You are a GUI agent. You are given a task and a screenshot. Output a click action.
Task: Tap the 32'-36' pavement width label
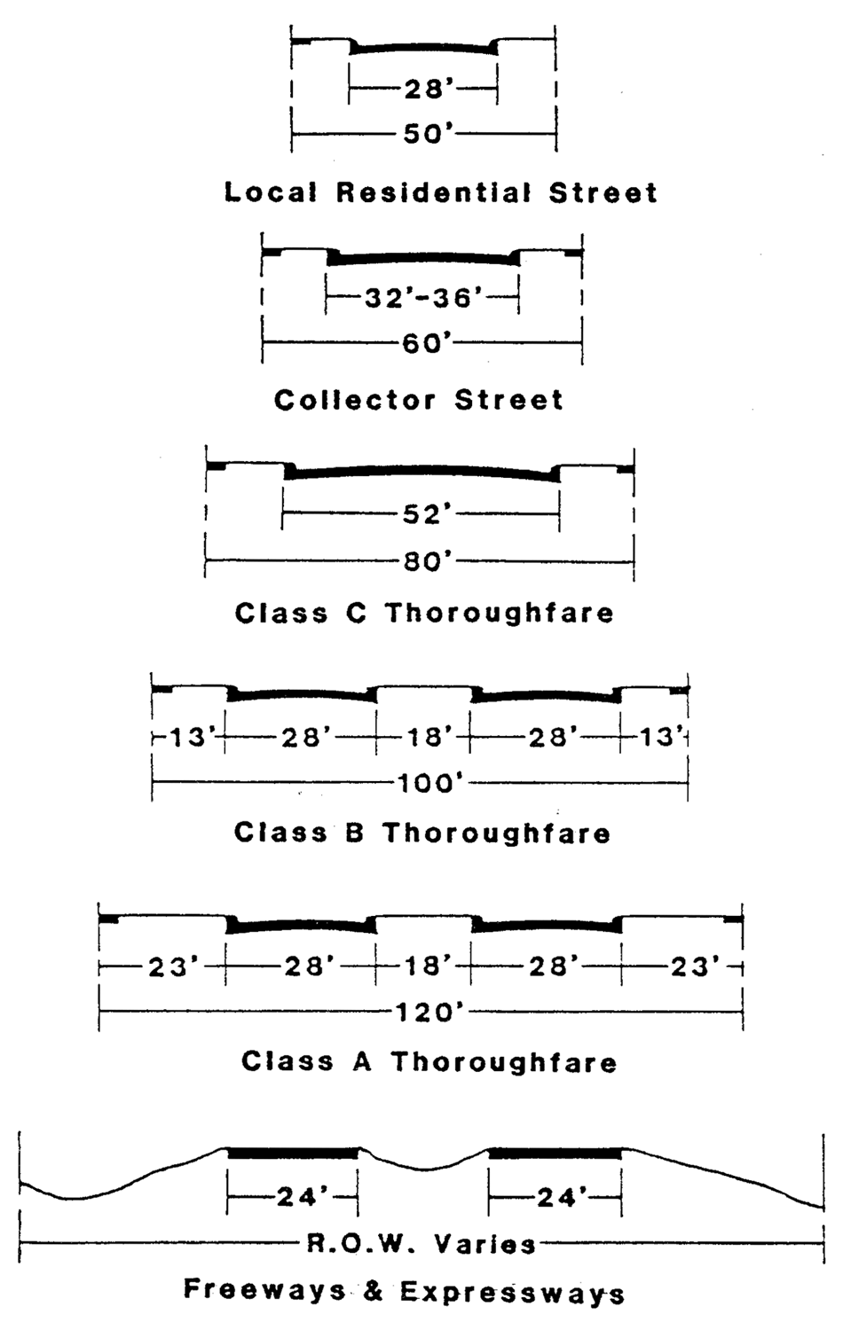pos(423,297)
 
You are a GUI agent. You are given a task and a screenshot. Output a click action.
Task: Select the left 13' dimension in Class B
pos(188,738)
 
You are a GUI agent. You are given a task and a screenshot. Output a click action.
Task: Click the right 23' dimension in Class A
pos(690,966)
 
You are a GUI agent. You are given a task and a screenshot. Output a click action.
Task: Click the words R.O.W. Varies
pos(421,1244)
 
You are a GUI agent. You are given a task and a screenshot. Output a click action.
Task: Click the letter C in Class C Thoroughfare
pos(355,613)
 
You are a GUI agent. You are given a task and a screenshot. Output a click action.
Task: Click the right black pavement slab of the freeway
pos(555,1153)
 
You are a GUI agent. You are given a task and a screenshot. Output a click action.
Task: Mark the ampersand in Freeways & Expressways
pos(374,1291)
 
